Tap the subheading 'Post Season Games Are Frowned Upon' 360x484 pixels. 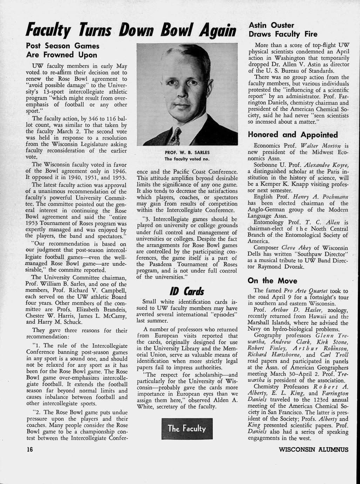click(62, 50)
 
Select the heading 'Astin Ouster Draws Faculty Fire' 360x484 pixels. click(283, 29)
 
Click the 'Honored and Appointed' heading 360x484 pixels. click(293, 135)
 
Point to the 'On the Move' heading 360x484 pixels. click(272, 281)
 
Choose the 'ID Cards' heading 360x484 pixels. click(186, 291)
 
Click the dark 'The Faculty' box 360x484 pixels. click(187, 428)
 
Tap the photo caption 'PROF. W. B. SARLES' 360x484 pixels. click(187, 153)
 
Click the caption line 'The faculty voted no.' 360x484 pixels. click(187, 159)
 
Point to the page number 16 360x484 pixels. click(29, 449)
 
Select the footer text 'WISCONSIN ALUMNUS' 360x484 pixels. click(313, 449)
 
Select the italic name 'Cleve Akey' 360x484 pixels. click(297, 247)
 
